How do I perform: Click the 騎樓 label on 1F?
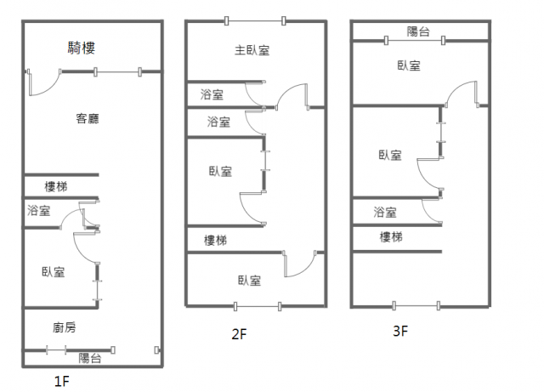pyautogui.click(x=81, y=48)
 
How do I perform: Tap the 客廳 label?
pyautogui.click(x=88, y=118)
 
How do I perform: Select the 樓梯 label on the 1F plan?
pyautogui.click(x=57, y=186)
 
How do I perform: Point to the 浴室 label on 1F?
pyautogui.click(x=38, y=211)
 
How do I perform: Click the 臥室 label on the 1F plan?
pyautogui.click(x=54, y=272)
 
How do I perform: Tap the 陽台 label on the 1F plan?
pyautogui.click(x=90, y=358)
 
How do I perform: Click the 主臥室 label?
pyautogui.click(x=252, y=50)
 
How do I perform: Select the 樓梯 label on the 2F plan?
pyautogui.click(x=216, y=241)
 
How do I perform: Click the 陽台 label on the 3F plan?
pyautogui.click(x=418, y=32)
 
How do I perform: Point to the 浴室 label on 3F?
pyautogui.click(x=385, y=212)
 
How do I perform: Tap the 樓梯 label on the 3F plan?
pyautogui.click(x=391, y=237)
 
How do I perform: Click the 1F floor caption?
pyautogui.click(x=61, y=382)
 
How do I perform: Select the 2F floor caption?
pyautogui.click(x=239, y=334)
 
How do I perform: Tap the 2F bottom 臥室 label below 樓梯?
pyautogui.click(x=249, y=280)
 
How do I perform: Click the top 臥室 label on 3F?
pyautogui.click(x=408, y=65)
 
